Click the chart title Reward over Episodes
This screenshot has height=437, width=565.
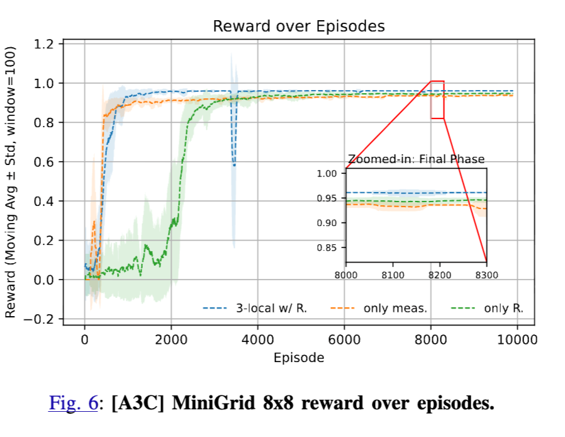(298, 26)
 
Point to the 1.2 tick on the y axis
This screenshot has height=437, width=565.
(45, 44)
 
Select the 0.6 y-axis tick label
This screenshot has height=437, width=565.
(45, 162)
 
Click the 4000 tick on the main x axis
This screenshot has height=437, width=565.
(258, 339)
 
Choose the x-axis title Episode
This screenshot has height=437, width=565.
(298, 358)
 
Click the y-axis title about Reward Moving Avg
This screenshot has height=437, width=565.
(11, 183)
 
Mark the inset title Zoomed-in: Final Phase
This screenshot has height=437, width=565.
(416, 159)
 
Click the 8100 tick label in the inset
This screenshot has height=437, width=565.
(393, 275)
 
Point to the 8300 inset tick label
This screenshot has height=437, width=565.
(486, 275)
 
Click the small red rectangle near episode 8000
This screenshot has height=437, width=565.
(437, 99)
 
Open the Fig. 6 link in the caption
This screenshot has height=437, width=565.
(73, 403)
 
